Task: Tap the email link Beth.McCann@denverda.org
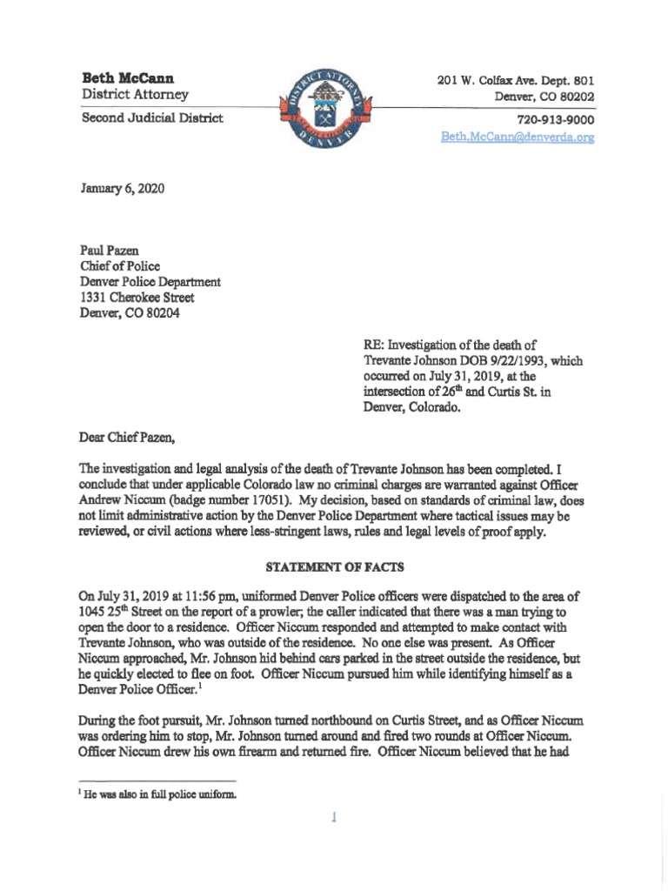click(x=517, y=137)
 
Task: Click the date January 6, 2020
click(x=122, y=188)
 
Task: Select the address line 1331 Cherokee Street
click(x=136, y=298)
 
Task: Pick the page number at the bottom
click(x=334, y=818)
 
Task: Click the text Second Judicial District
click(x=152, y=117)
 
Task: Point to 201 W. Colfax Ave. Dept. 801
click(x=515, y=80)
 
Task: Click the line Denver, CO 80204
click(x=130, y=313)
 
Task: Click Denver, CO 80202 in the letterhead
click(x=544, y=96)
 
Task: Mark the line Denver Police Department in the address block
click(x=150, y=282)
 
